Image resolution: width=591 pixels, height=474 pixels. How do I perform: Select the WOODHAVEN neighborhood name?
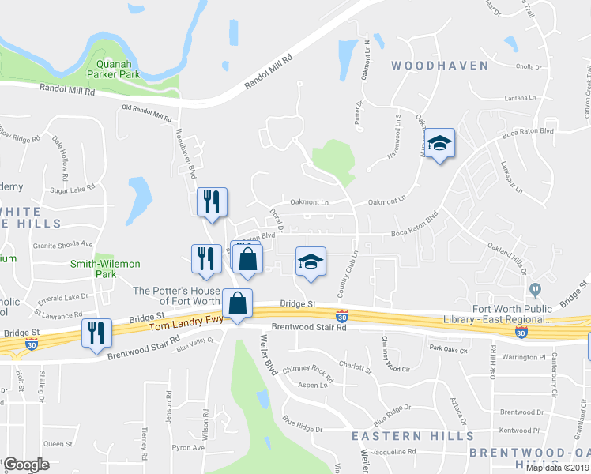[440, 66]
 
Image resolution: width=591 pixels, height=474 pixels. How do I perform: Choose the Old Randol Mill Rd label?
[147, 112]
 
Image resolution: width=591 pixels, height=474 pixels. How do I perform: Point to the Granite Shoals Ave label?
[62, 245]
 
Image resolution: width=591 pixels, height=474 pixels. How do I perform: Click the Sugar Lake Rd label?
[72, 189]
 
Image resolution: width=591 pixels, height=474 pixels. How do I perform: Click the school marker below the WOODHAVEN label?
[439, 143]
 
